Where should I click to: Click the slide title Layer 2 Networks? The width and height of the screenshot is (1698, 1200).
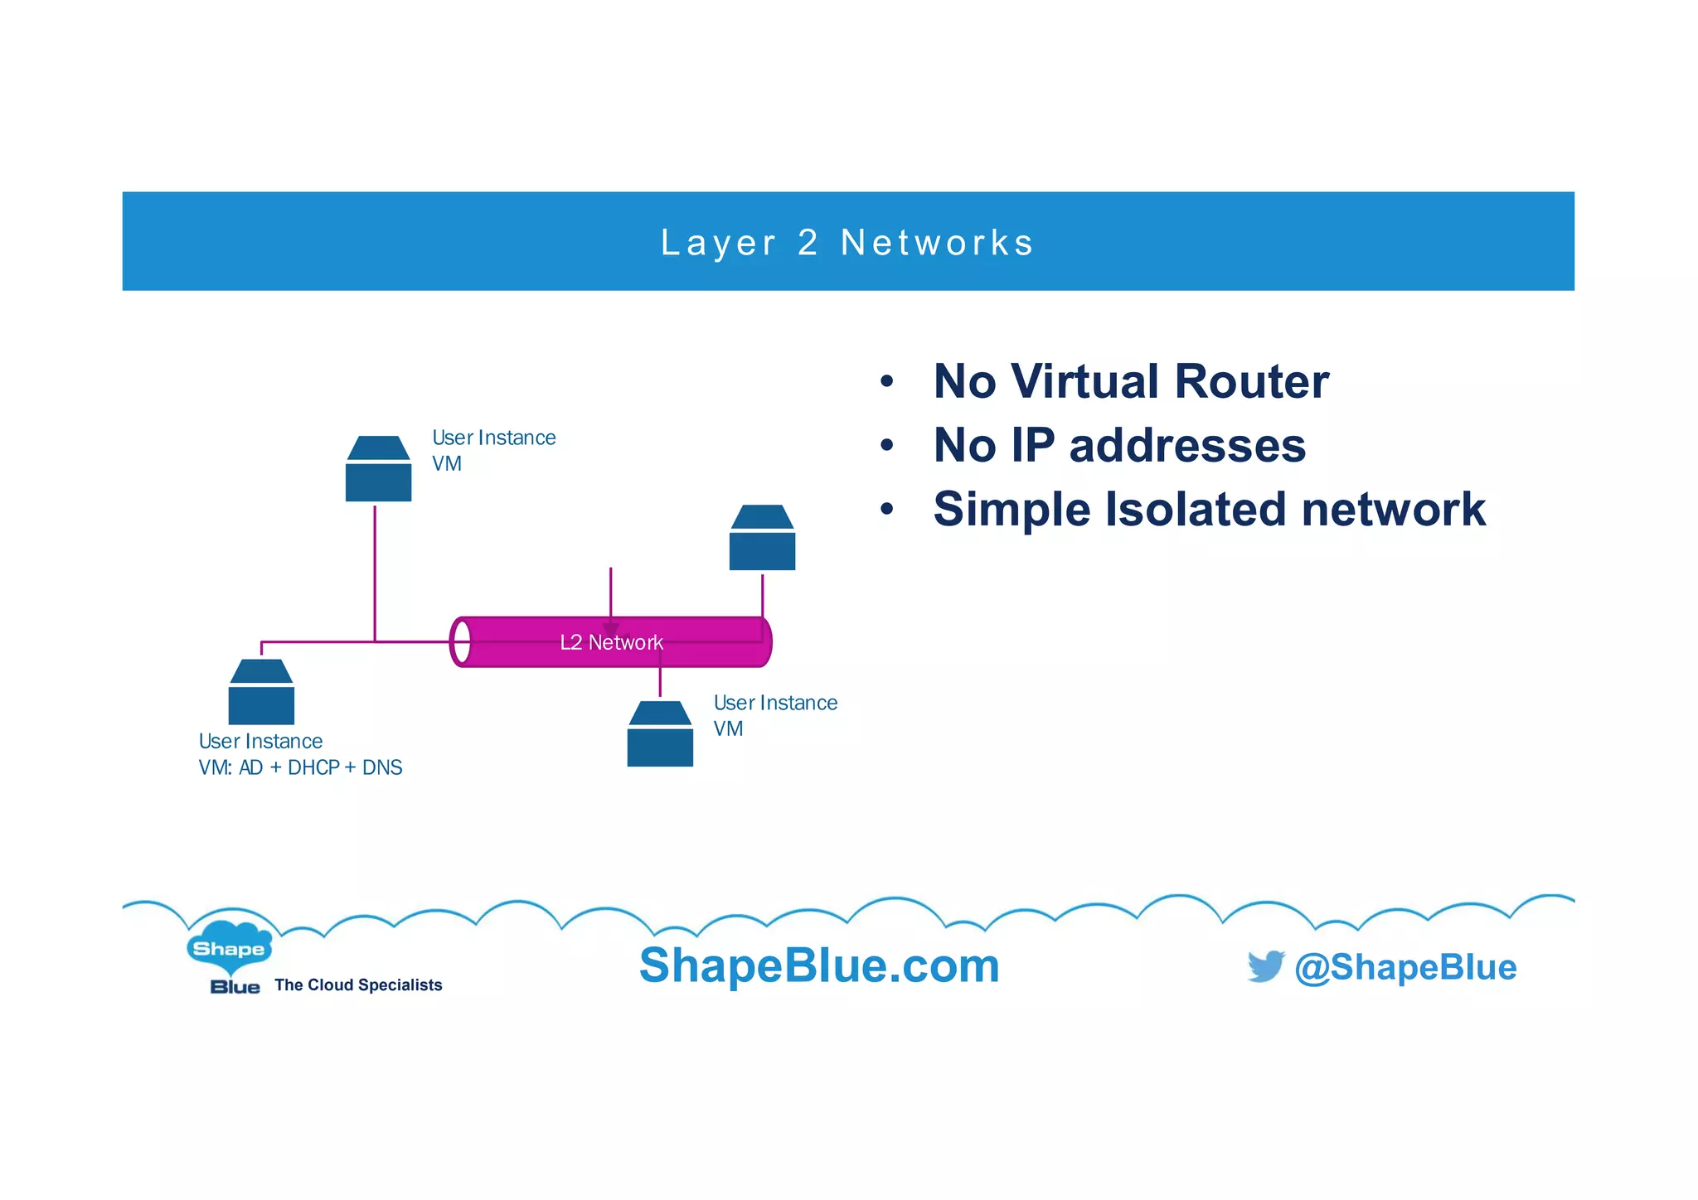pyautogui.click(x=847, y=243)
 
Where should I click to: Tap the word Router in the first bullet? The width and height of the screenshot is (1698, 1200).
pyautogui.click(x=1251, y=382)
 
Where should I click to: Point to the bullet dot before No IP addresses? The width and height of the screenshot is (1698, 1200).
pyautogui.click(x=887, y=446)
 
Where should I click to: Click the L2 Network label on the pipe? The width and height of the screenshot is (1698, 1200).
pyautogui.click(x=611, y=642)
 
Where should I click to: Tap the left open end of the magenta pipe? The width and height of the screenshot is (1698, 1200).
pyautogui.click(x=461, y=641)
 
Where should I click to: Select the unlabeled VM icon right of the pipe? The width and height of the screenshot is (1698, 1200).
pyautogui.click(x=762, y=538)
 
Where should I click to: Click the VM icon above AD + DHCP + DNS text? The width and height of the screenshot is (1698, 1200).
pyautogui.click(x=261, y=692)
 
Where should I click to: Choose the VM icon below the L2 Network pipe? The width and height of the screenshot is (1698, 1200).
pyautogui.click(x=660, y=734)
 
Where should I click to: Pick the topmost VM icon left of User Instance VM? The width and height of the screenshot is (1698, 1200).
pyautogui.click(x=378, y=469)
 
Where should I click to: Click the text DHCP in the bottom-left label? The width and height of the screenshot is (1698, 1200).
pyautogui.click(x=313, y=767)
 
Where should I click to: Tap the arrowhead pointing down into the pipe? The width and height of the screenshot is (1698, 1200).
pyautogui.click(x=611, y=631)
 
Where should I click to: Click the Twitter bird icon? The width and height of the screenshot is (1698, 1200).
pyautogui.click(x=1265, y=966)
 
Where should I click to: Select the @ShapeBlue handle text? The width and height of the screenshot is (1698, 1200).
pyautogui.click(x=1405, y=967)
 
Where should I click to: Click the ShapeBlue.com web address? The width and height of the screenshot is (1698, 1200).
pyautogui.click(x=819, y=965)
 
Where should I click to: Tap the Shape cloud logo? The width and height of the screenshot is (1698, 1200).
pyautogui.click(x=229, y=947)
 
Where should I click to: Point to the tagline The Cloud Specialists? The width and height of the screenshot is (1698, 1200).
pyautogui.click(x=358, y=985)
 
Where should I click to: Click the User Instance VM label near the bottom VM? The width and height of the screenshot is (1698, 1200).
pyautogui.click(x=774, y=715)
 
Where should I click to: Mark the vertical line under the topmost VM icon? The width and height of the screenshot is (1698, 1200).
pyautogui.click(x=375, y=572)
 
